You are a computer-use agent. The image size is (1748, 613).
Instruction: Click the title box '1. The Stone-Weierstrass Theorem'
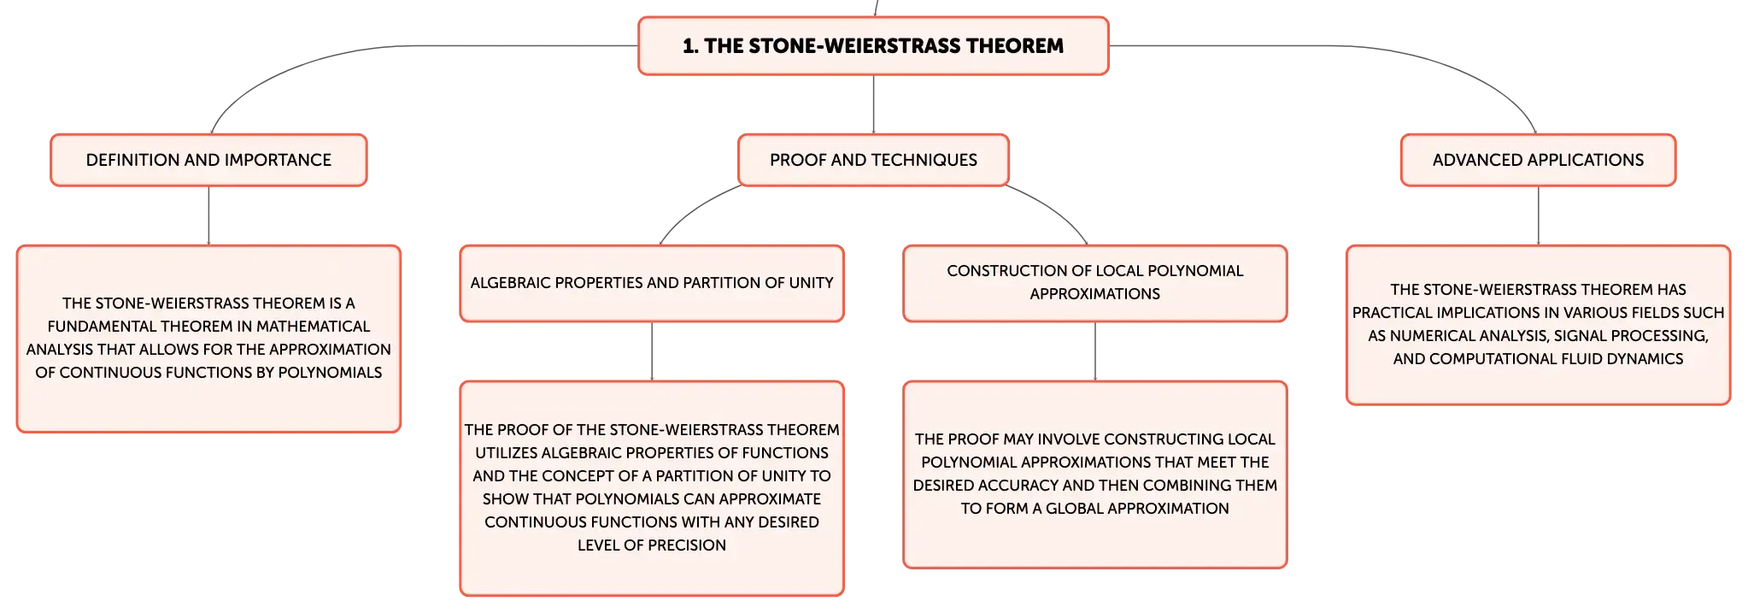click(873, 45)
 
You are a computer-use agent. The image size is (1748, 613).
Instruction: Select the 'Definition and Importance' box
click(208, 160)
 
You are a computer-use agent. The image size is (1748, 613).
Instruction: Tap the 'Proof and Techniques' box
click(873, 160)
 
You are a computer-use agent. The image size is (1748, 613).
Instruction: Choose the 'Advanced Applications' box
click(1538, 160)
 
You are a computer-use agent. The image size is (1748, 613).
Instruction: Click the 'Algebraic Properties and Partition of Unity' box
click(652, 283)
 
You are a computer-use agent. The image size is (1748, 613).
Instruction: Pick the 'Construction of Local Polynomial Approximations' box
click(1095, 283)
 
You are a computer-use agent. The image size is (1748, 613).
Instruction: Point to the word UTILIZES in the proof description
click(506, 453)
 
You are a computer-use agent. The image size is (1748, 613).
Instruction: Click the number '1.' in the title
click(690, 46)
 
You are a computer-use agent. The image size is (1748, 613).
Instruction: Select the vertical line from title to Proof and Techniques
click(873, 104)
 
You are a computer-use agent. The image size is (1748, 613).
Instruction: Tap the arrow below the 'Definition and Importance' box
click(208, 215)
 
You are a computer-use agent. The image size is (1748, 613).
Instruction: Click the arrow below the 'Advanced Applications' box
click(1539, 215)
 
